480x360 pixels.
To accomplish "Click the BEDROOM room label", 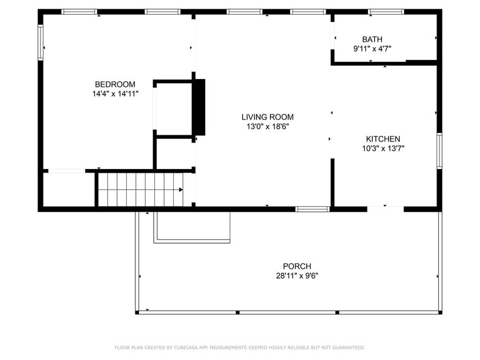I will click(x=114, y=84).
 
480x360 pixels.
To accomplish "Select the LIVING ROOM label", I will click(x=267, y=117).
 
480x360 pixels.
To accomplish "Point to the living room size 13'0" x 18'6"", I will click(x=267, y=127).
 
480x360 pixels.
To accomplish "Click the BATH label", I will click(x=372, y=39).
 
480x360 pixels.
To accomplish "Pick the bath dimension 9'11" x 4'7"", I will click(x=372, y=49).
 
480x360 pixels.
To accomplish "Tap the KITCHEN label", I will click(x=383, y=139).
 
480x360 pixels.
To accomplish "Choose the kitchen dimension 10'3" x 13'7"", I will click(x=383, y=148).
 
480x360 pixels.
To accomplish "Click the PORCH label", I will click(x=296, y=266).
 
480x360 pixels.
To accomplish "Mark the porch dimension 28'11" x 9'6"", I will click(x=296, y=276).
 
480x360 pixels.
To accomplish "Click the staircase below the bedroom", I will click(x=140, y=190).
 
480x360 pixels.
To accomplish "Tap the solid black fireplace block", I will click(x=199, y=107).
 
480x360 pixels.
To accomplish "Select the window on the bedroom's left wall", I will click(x=40, y=42).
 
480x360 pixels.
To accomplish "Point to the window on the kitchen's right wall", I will click(x=439, y=151).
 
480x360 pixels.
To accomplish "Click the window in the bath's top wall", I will click(x=386, y=12).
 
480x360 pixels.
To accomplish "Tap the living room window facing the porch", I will click(x=312, y=209).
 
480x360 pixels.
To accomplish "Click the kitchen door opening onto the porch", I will click(x=385, y=209).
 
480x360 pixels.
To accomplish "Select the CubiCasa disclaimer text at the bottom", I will click(x=239, y=348).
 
